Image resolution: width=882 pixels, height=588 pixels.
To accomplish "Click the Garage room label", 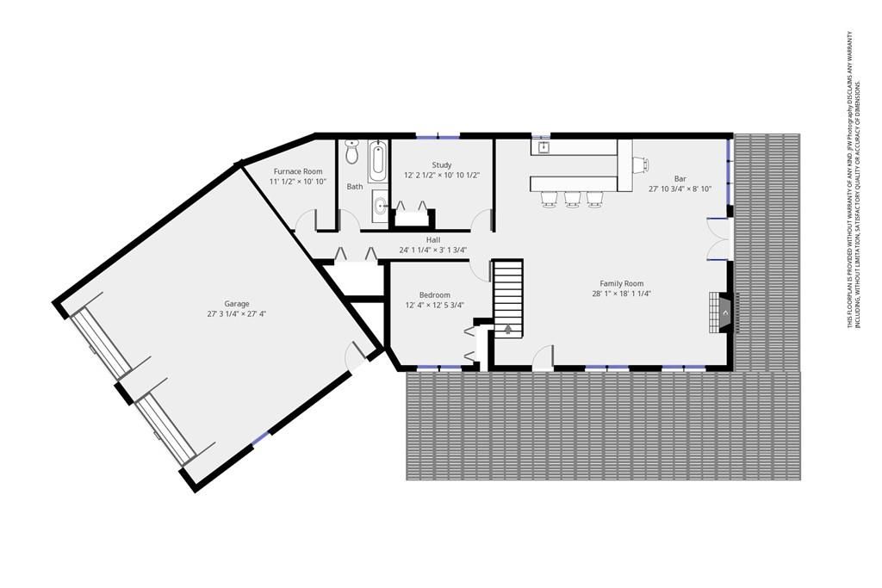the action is (x=236, y=304).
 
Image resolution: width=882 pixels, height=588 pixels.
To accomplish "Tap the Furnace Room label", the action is (x=298, y=171).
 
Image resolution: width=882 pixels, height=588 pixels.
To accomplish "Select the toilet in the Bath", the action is (x=352, y=152).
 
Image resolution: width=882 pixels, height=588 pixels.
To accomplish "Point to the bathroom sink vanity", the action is (x=380, y=207).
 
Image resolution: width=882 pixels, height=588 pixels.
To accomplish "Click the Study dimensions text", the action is (x=442, y=176).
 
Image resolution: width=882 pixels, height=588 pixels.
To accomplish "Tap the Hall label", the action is (x=433, y=240).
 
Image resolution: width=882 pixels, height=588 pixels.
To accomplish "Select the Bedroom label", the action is (x=435, y=295).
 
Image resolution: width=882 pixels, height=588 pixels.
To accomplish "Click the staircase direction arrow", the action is (x=508, y=329).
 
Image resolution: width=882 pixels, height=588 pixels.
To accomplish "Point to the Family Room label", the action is (x=622, y=284).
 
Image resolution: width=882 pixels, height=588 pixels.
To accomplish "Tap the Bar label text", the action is (x=680, y=179).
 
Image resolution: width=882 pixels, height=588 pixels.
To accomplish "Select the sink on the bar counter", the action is (x=544, y=148).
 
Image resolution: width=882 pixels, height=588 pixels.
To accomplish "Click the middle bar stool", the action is (x=573, y=198).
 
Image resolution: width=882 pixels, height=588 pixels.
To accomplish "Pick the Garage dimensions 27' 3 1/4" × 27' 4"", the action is (x=236, y=314).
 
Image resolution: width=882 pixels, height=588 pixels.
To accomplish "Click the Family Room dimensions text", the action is (x=622, y=294).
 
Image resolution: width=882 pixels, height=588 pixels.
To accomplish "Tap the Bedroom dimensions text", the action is (x=435, y=306).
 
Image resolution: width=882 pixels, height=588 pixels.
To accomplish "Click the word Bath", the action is (x=355, y=187).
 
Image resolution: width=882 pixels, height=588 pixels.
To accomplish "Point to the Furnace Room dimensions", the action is (x=298, y=182).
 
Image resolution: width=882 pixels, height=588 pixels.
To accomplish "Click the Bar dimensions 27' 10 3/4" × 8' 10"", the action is (x=680, y=189).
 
